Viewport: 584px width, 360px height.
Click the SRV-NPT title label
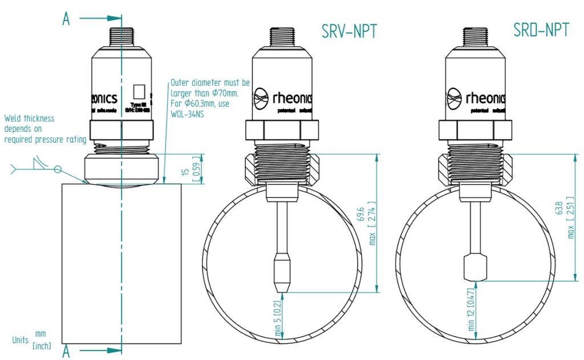(x=349, y=31)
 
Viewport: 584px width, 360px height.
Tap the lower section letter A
(x=66, y=351)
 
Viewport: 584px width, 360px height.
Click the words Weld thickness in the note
(x=29, y=119)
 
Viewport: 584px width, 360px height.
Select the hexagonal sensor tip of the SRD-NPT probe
(x=476, y=268)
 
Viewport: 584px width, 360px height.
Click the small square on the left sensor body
(x=139, y=91)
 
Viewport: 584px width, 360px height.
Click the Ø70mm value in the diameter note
(x=224, y=92)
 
